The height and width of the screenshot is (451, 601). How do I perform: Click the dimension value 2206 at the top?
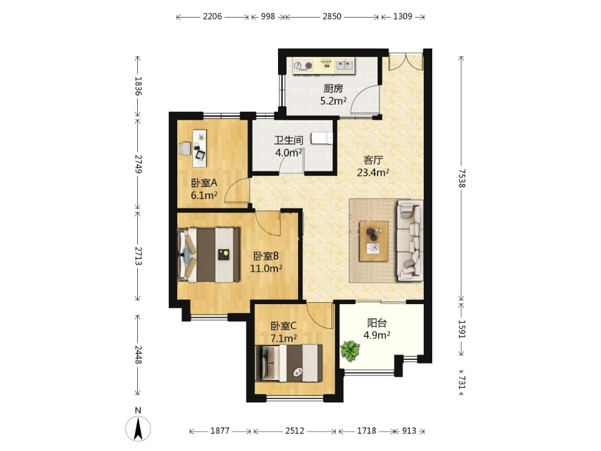click(212, 16)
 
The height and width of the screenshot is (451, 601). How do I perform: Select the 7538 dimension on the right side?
click(461, 178)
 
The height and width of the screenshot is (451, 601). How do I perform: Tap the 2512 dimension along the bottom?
click(295, 431)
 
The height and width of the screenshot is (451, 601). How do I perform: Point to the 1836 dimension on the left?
click(138, 86)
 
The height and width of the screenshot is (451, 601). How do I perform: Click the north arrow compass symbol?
click(138, 428)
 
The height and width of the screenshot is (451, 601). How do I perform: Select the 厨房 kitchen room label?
click(333, 89)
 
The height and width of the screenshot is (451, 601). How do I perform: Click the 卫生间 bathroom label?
click(288, 140)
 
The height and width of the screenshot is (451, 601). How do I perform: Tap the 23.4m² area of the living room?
click(373, 172)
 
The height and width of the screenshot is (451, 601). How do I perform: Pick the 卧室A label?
click(204, 183)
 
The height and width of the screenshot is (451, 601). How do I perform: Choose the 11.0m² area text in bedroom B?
click(266, 268)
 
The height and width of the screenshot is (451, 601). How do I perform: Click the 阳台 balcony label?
click(377, 323)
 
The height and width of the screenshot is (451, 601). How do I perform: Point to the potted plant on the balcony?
click(350, 351)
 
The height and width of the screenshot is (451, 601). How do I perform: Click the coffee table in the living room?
click(373, 241)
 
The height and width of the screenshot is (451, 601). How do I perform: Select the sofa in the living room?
click(409, 240)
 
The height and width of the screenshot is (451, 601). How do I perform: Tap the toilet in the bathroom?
click(321, 138)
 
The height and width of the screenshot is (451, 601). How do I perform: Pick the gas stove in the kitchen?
click(303, 66)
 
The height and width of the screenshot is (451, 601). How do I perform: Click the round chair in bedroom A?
click(185, 149)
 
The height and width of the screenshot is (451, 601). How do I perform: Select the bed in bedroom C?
click(288, 363)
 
